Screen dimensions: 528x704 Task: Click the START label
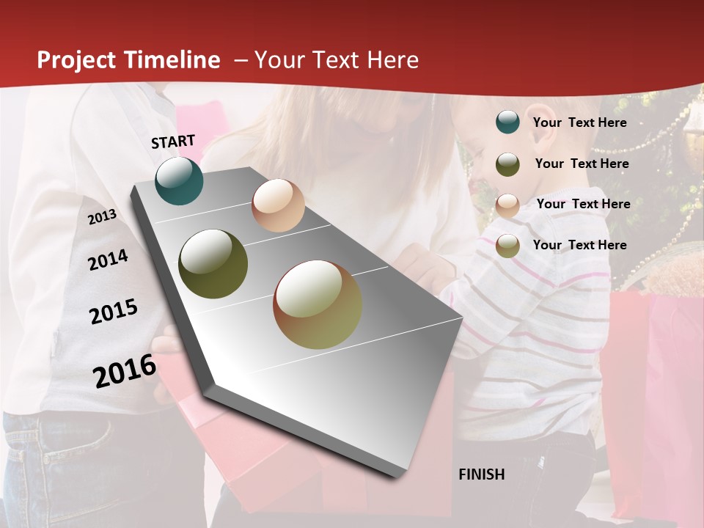click(173, 142)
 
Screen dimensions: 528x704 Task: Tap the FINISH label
click(481, 474)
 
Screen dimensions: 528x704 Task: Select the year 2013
click(102, 217)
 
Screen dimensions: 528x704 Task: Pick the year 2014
click(108, 260)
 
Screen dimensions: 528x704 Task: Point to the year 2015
click(113, 312)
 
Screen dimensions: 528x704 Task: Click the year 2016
click(124, 370)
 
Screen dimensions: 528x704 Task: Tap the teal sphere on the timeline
click(179, 180)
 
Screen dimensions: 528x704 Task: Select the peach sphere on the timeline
click(278, 205)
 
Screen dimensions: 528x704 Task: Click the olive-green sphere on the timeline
click(213, 264)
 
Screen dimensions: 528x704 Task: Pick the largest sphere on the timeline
click(318, 304)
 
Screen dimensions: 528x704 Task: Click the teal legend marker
click(507, 122)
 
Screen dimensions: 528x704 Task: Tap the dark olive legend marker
click(507, 164)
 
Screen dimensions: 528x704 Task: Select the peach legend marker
click(507, 205)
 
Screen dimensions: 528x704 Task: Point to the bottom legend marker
click(507, 246)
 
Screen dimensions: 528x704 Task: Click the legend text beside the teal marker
click(579, 122)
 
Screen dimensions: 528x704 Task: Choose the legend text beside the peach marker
click(583, 204)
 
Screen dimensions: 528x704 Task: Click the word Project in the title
click(77, 60)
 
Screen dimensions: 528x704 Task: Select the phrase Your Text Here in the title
click(337, 60)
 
